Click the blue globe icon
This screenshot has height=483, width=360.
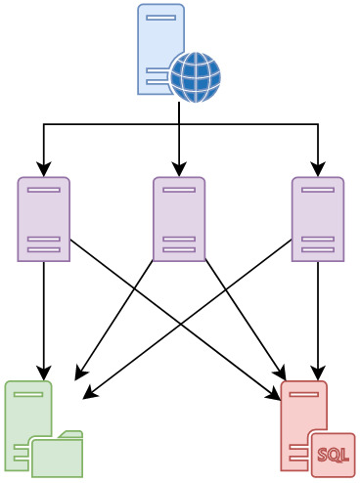[196, 77]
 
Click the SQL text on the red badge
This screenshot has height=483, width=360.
[333, 455]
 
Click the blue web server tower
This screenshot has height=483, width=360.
[160, 49]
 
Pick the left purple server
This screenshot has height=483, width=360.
[44, 219]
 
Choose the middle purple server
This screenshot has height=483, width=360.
[179, 219]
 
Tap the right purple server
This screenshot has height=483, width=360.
[318, 219]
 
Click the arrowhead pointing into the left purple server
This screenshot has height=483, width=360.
[44, 169]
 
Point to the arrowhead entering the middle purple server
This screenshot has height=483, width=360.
[179, 169]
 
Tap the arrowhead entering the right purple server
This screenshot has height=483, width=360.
[318, 169]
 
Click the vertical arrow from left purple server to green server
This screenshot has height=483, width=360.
[44, 321]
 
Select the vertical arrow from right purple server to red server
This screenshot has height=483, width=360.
[318, 321]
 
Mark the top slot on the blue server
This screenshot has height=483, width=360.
[160, 18]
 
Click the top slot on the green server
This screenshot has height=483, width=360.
[28, 394]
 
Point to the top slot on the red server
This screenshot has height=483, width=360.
[304, 394]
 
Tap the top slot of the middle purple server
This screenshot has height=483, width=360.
[179, 190]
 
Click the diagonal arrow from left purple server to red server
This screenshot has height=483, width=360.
[175, 320]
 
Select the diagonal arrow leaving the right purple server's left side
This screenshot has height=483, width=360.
[187, 319]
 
